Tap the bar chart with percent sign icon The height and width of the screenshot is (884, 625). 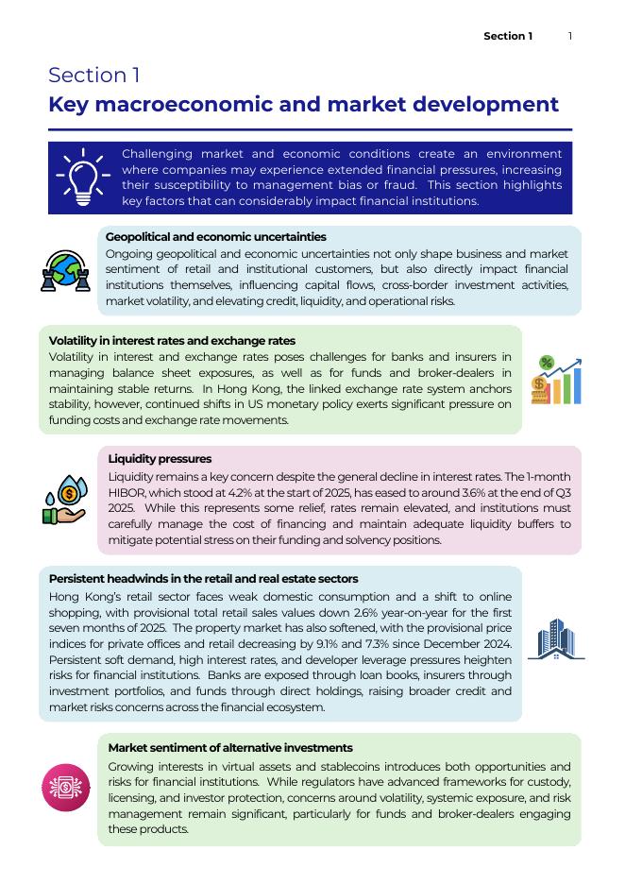pos(555,380)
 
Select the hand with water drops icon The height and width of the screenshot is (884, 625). pos(65,499)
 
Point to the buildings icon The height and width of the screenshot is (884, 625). pos(555,640)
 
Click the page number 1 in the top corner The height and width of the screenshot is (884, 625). pos(570,36)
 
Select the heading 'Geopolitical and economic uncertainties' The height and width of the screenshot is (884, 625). pos(216,237)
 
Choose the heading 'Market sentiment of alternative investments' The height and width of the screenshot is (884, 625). pos(230,747)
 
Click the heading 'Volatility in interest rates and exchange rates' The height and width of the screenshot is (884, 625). pos(172,340)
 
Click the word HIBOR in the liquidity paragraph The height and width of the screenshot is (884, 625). pos(127,493)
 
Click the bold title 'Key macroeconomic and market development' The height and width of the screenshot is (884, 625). pos(303,104)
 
